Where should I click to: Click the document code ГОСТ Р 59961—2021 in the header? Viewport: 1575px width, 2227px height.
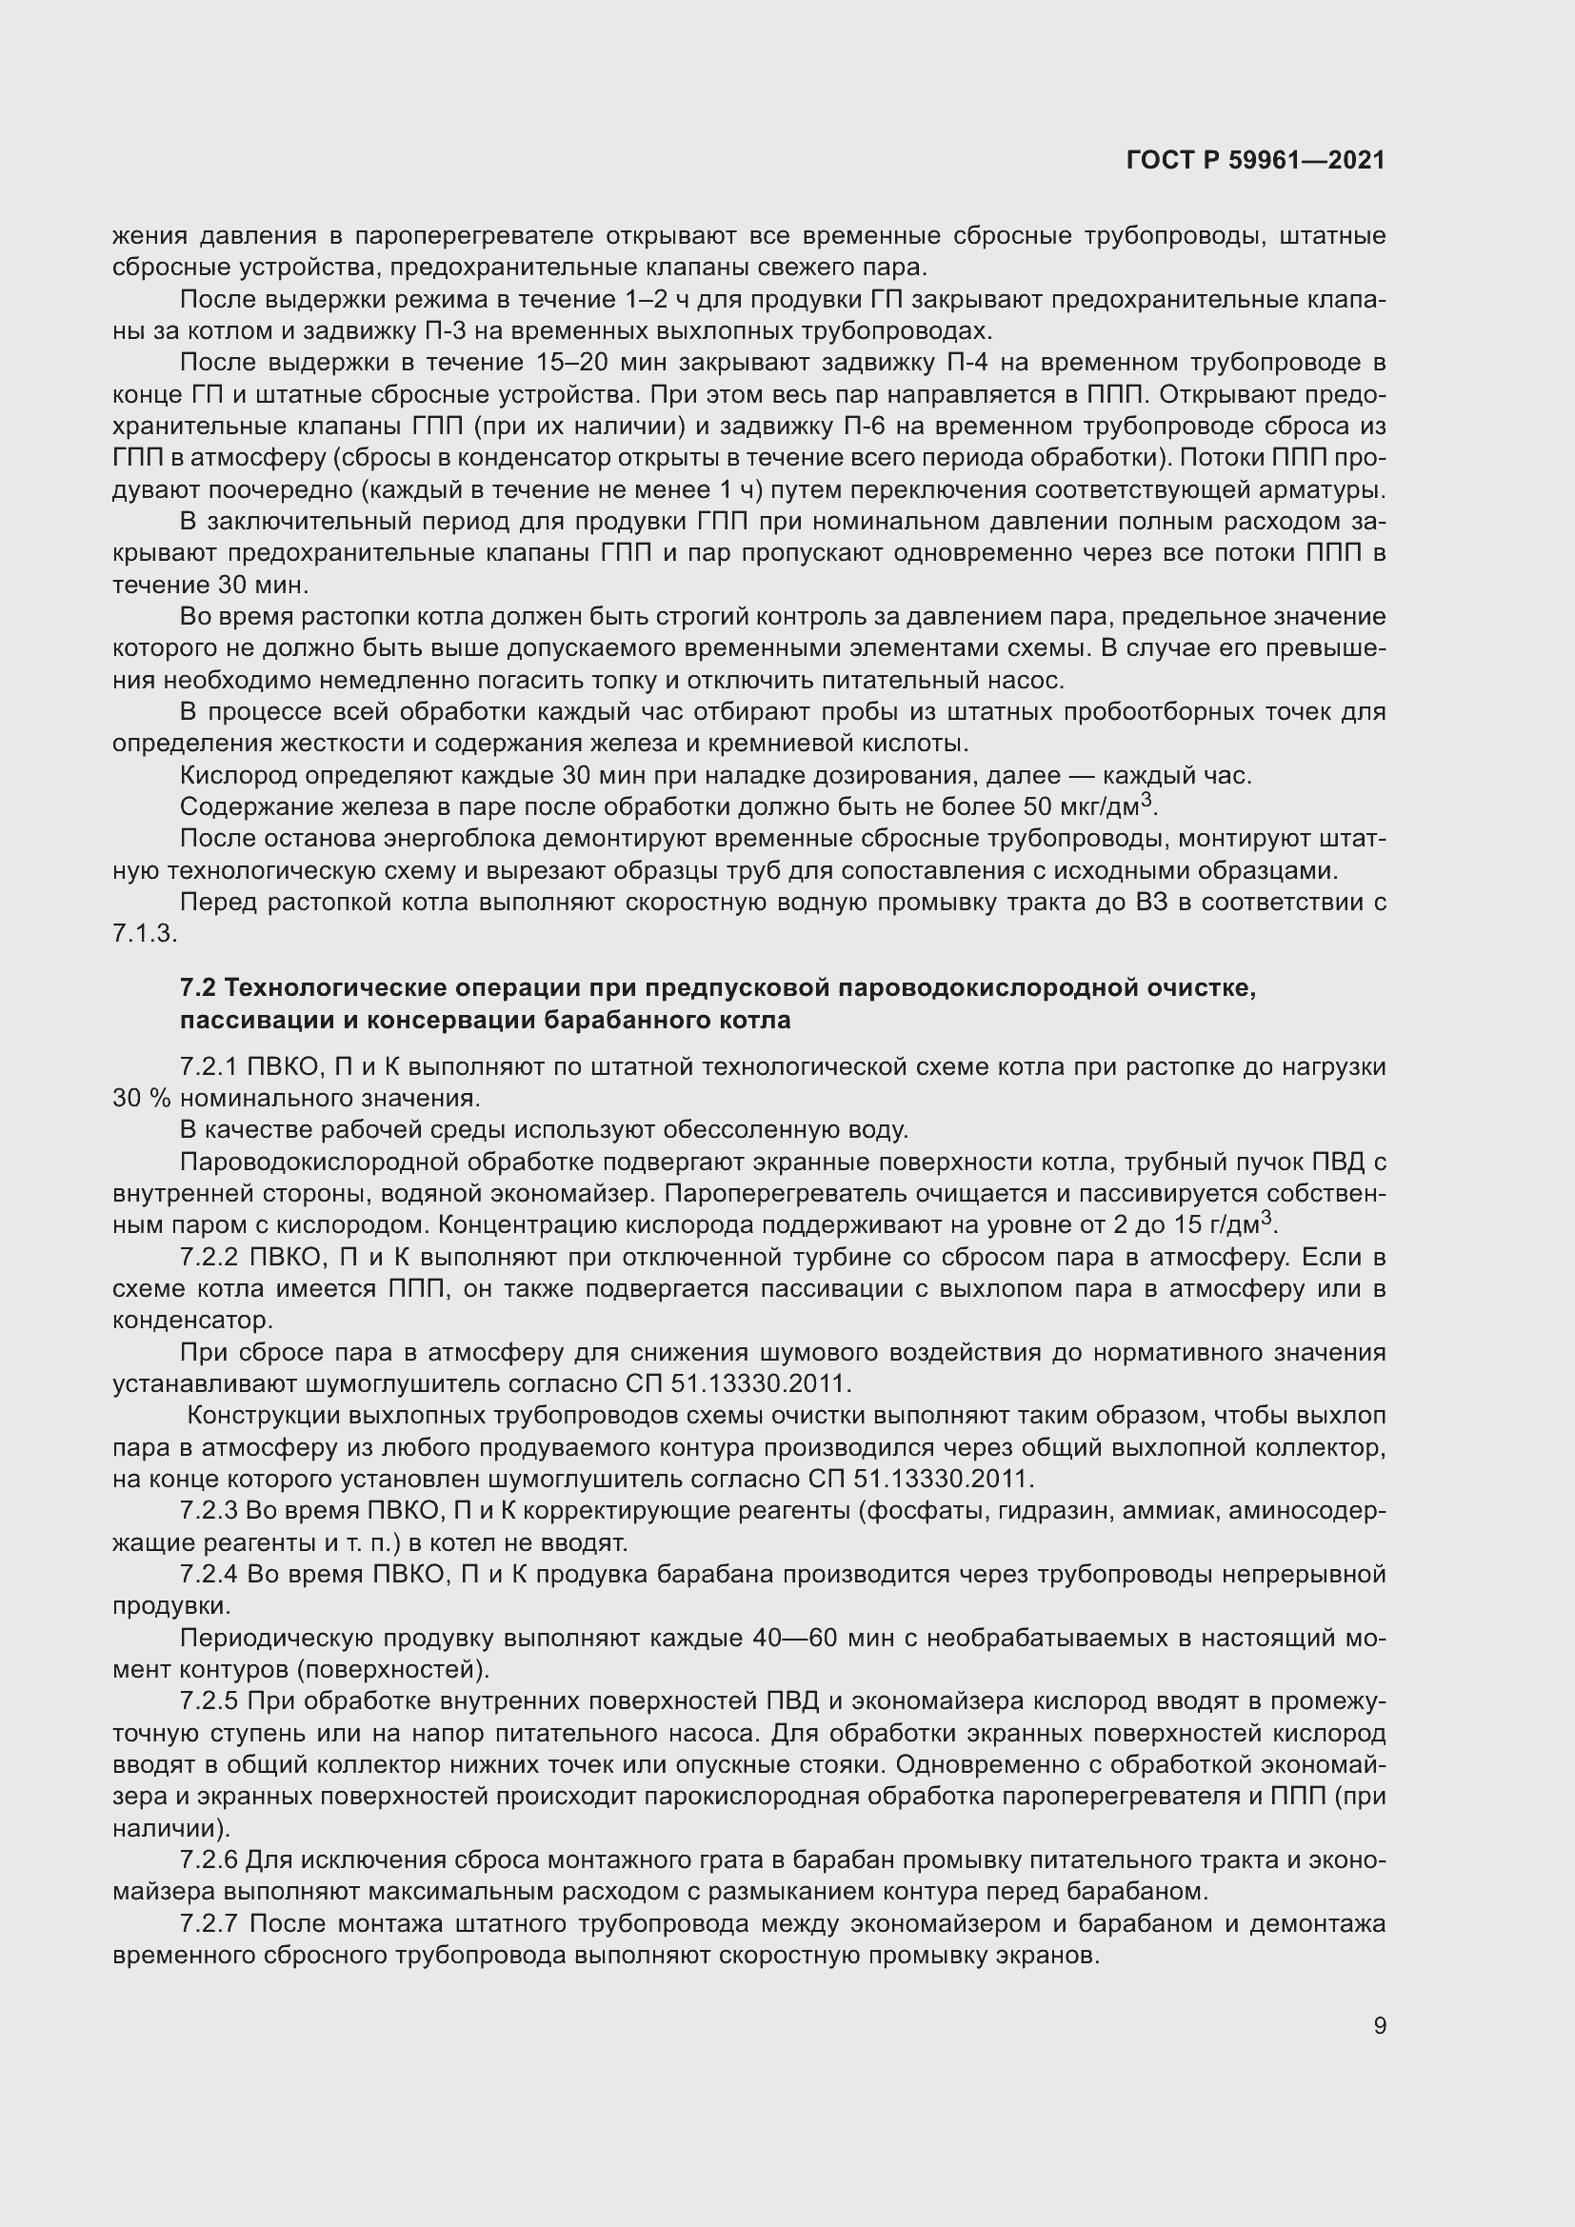point(1255,161)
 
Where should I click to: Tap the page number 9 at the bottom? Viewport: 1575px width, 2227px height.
point(1379,2025)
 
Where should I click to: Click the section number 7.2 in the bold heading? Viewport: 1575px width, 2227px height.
point(199,988)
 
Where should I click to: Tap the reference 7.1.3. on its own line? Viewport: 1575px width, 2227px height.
point(145,933)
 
